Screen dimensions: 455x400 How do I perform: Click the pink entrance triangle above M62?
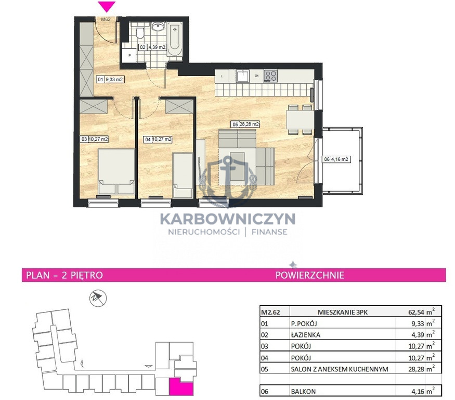[107, 6]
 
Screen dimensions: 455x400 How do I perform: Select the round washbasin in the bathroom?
[158, 27]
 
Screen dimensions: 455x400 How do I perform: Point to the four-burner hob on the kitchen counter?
[270, 76]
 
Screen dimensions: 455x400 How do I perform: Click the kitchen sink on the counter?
[242, 76]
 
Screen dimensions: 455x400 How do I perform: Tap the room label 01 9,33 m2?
[110, 79]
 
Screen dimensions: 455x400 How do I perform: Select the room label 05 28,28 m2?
[245, 124]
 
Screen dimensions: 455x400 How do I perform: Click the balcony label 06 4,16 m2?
[336, 159]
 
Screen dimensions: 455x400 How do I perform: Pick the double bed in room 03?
[116, 171]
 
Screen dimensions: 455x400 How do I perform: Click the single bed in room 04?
[183, 176]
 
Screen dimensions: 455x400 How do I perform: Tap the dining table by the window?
[300, 119]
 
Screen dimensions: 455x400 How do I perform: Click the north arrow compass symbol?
[98, 298]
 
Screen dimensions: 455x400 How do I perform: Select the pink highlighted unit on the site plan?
[181, 387]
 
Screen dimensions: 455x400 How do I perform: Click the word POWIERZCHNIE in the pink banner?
[309, 275]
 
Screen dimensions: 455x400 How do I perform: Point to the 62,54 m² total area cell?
[421, 312]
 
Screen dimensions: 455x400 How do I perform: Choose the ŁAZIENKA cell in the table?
[306, 335]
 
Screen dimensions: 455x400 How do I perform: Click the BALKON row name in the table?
[303, 391]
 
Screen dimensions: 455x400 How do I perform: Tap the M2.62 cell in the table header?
[270, 312]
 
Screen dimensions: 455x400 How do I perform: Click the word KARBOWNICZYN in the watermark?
[228, 219]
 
